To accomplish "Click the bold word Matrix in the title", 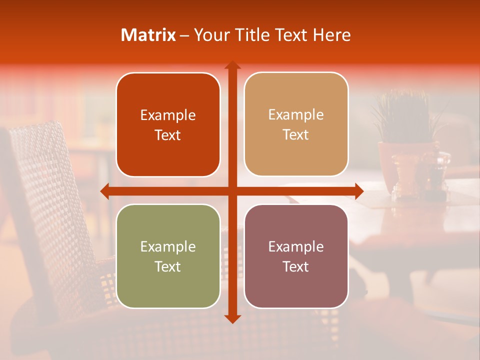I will tap(148, 35).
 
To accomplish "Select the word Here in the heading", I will tap(331, 35).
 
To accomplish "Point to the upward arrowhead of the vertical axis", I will tap(232, 65).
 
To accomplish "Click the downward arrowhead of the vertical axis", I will tap(232, 318).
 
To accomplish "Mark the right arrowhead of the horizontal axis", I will tap(358, 191).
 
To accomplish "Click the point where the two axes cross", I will tap(232, 191).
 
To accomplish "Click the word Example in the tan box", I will tap(296, 114).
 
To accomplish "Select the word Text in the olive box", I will tap(168, 266).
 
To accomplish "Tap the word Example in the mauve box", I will tap(296, 246).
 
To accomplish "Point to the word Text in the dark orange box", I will tap(168, 135).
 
